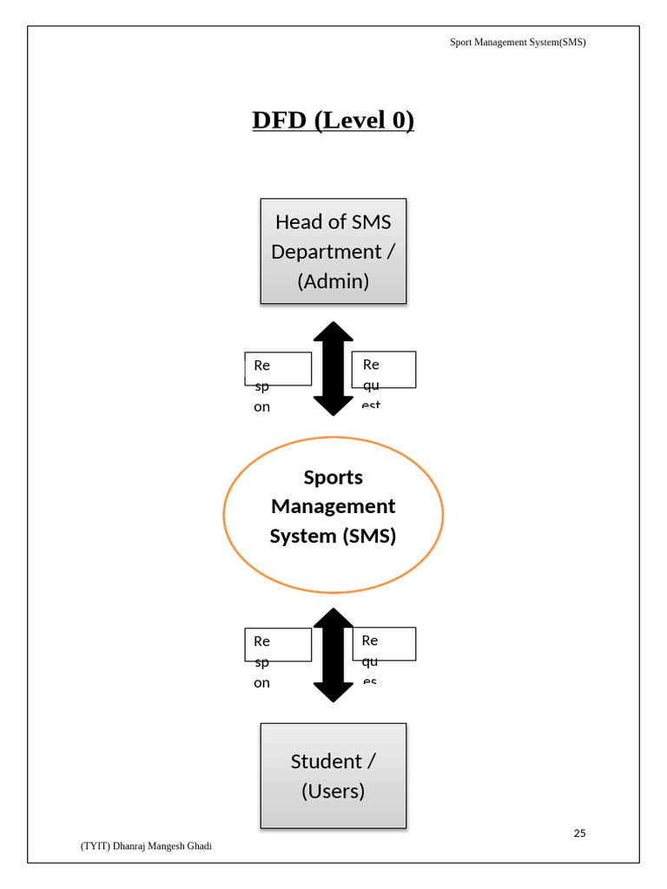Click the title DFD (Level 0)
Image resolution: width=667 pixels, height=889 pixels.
333,120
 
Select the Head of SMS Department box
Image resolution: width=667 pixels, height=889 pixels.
333,251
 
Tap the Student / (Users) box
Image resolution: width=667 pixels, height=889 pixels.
333,775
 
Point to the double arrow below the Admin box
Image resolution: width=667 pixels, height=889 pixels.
333,368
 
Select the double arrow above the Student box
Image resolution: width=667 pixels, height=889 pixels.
333,654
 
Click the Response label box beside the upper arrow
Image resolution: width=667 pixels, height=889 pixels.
278,369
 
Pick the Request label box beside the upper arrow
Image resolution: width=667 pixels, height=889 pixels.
383,370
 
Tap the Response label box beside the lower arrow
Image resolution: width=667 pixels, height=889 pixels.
278,645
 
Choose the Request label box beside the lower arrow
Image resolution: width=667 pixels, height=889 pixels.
383,644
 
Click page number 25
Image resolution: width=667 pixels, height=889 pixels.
579,833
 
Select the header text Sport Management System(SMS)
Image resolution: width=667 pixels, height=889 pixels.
518,42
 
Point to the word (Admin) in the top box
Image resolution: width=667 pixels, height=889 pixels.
333,281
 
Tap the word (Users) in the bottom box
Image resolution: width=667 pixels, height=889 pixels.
333,791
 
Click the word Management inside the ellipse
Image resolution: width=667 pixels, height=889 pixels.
333,506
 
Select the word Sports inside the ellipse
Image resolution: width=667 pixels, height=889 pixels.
333,477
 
